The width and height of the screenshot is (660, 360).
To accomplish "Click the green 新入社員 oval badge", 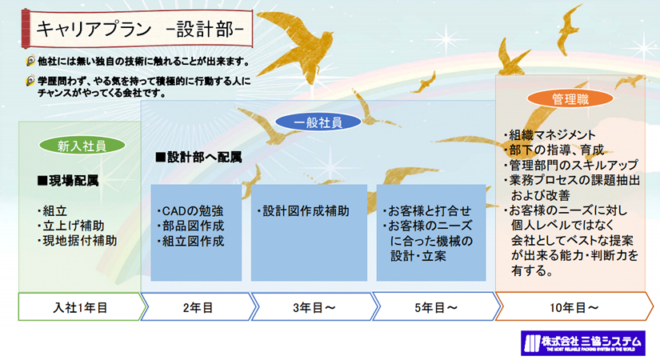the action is tap(82, 146).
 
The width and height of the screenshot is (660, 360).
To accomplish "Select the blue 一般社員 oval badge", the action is tap(318, 122).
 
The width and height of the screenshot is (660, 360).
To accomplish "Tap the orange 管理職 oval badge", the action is tap(570, 99).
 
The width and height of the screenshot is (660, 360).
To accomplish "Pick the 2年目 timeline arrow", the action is tap(198, 306).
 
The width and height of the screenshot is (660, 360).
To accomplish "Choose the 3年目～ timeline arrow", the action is tap(314, 306).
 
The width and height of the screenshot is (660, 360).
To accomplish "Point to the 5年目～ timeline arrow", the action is tap(436, 306).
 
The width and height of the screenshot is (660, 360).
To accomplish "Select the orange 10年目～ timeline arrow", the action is tap(574, 306).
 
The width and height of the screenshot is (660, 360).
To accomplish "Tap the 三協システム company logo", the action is tap(583, 342).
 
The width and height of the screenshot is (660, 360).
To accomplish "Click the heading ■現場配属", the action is tap(68, 181).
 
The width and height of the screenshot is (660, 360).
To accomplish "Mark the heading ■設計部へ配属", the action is tap(198, 157).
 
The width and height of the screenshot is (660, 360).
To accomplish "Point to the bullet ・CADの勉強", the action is tap(190, 210).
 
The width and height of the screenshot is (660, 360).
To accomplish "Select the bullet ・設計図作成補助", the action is tap(303, 210).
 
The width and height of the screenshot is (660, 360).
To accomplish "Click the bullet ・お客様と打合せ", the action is tap(427, 210).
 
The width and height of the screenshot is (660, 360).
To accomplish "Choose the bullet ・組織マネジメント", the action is tap(550, 134).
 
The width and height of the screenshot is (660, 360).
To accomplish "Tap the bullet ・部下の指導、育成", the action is tap(554, 150).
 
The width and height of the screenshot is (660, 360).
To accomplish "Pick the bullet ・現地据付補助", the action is tap(77, 241).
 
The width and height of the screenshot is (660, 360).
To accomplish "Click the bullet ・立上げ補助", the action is tap(70, 226).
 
